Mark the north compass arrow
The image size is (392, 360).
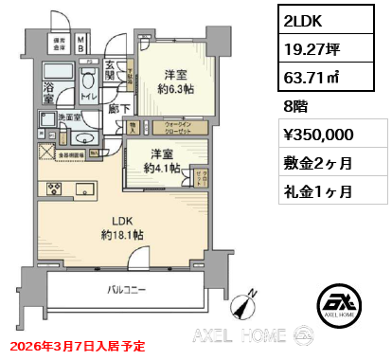pos(247,304)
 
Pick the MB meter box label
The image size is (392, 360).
pos(82,43)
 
